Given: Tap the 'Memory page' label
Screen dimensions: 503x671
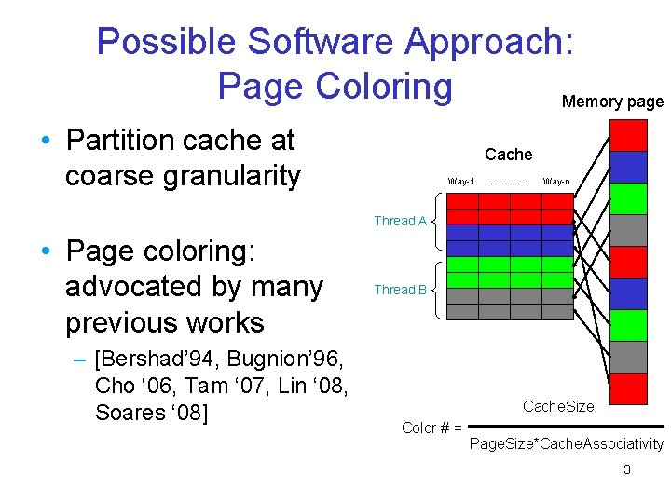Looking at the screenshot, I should pyautogui.click(x=612, y=102).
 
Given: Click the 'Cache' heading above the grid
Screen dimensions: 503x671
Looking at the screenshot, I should pyautogui.click(x=508, y=155).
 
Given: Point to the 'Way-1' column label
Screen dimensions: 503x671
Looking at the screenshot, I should pyautogui.click(x=461, y=181).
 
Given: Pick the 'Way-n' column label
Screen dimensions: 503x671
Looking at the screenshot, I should pyautogui.click(x=556, y=181).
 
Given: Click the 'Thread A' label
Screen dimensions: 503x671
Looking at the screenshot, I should pyautogui.click(x=400, y=221).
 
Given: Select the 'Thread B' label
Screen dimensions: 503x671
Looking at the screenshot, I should pyautogui.click(x=400, y=290).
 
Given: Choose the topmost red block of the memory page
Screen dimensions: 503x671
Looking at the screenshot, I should pyautogui.click(x=628, y=135).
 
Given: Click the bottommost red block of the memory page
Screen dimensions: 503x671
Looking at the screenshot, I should pyautogui.click(x=628, y=387).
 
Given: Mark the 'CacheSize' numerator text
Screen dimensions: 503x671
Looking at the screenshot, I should pyautogui.click(x=558, y=407).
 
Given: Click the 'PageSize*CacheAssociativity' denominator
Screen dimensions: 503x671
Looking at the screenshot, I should pyautogui.click(x=566, y=444).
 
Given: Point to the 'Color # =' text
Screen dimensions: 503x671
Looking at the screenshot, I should pyautogui.click(x=431, y=428).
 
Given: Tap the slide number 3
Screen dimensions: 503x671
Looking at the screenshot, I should pyautogui.click(x=626, y=469).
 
